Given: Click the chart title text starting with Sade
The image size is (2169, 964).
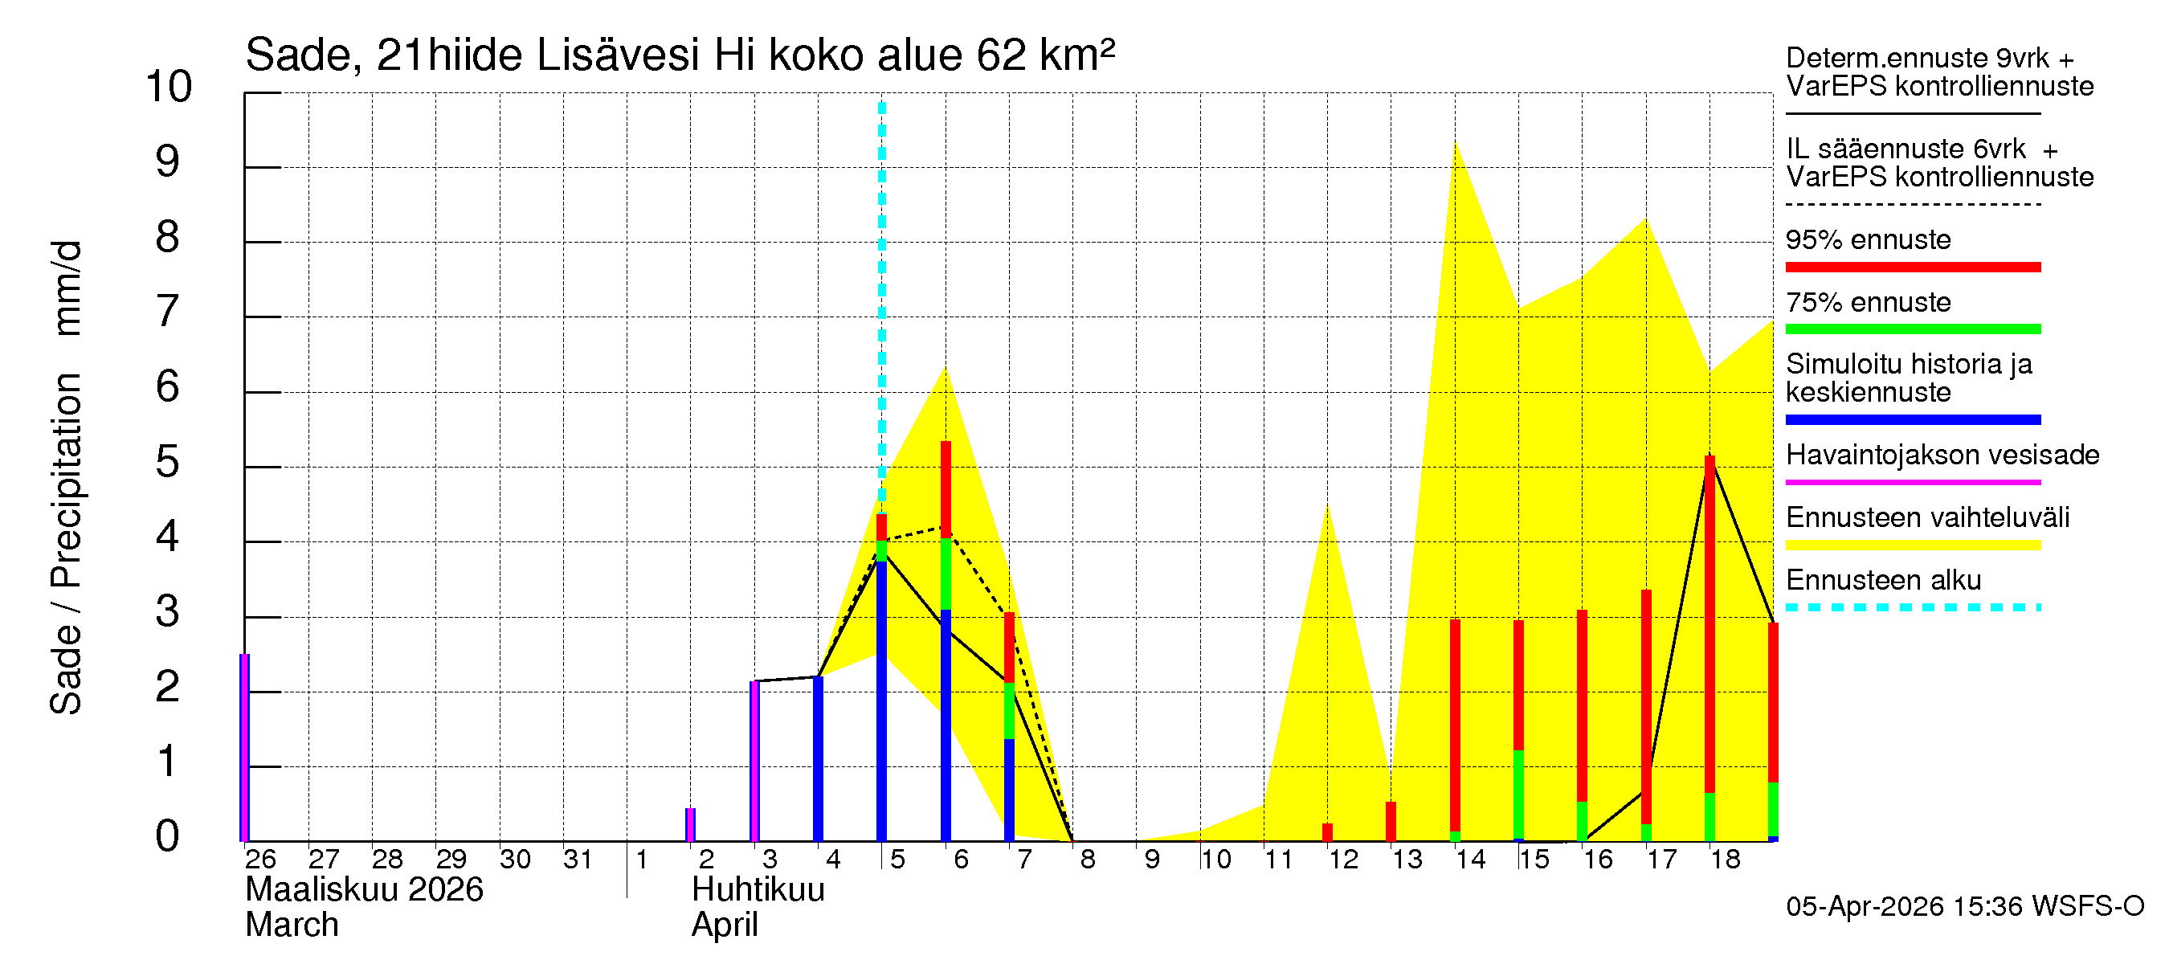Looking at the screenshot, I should [680, 55].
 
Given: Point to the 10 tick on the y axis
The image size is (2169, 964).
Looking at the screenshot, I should [170, 87].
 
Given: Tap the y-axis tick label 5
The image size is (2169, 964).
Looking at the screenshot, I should [168, 462].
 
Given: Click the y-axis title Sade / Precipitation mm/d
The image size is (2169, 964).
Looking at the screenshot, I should [67, 477].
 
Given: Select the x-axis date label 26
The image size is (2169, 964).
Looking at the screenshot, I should [260, 860].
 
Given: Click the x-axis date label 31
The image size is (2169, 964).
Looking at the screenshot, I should [578, 860].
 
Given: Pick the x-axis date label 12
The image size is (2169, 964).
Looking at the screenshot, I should [1343, 860].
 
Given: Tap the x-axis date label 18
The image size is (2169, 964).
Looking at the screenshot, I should [1726, 860].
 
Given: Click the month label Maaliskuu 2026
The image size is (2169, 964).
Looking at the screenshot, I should [364, 890].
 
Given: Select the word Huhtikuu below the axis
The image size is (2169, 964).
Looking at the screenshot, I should [758, 890].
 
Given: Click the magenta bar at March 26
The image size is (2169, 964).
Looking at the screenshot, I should [245, 748].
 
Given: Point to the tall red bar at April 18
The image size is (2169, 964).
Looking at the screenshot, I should [1709, 623].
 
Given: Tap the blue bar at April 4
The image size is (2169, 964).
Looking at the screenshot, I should [818, 758].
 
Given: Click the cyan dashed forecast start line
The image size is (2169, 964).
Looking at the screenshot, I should [881, 295].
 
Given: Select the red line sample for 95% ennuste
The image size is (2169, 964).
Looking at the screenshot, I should [1912, 267].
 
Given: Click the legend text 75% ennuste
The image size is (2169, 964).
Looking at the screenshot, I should [1868, 302].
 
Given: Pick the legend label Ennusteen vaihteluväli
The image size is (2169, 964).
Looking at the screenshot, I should [1927, 517].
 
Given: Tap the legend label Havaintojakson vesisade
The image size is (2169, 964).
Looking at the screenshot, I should [1942, 455].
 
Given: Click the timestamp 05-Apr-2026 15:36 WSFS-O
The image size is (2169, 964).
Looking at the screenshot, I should [1964, 907].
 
